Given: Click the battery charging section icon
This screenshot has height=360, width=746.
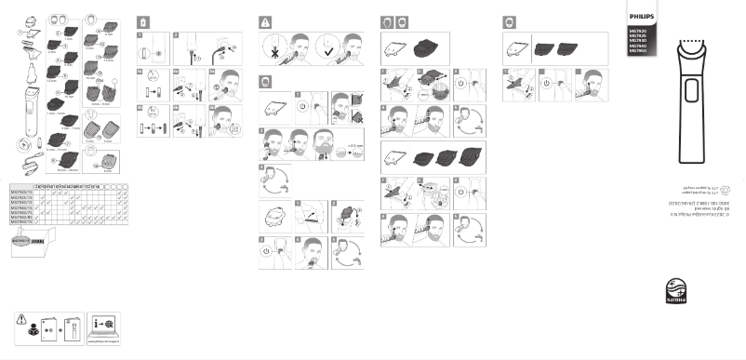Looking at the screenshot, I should click(x=141, y=21).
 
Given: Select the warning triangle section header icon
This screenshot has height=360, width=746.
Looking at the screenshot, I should click(x=265, y=21).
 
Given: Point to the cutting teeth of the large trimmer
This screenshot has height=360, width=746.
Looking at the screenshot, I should click(x=693, y=42).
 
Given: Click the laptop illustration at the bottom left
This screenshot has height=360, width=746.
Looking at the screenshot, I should click(x=104, y=334).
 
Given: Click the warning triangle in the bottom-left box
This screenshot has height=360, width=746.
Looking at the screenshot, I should click(x=22, y=317).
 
